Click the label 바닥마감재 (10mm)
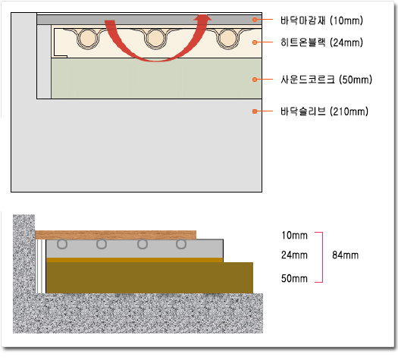(x=321, y=20)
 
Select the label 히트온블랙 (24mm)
(x=321, y=42)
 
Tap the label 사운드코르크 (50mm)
(x=326, y=80)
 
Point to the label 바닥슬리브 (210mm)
(x=324, y=111)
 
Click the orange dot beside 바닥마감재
(x=255, y=20)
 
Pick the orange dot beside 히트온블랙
(x=255, y=42)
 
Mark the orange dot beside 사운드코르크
(x=255, y=80)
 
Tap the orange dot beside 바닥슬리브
(x=255, y=111)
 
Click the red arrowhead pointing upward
(x=202, y=18)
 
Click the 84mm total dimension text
(x=345, y=255)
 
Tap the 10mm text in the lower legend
(x=294, y=235)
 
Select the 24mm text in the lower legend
(x=294, y=255)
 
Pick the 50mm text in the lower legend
(x=294, y=278)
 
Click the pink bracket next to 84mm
(x=322, y=257)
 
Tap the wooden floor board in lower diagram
(x=116, y=235)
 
